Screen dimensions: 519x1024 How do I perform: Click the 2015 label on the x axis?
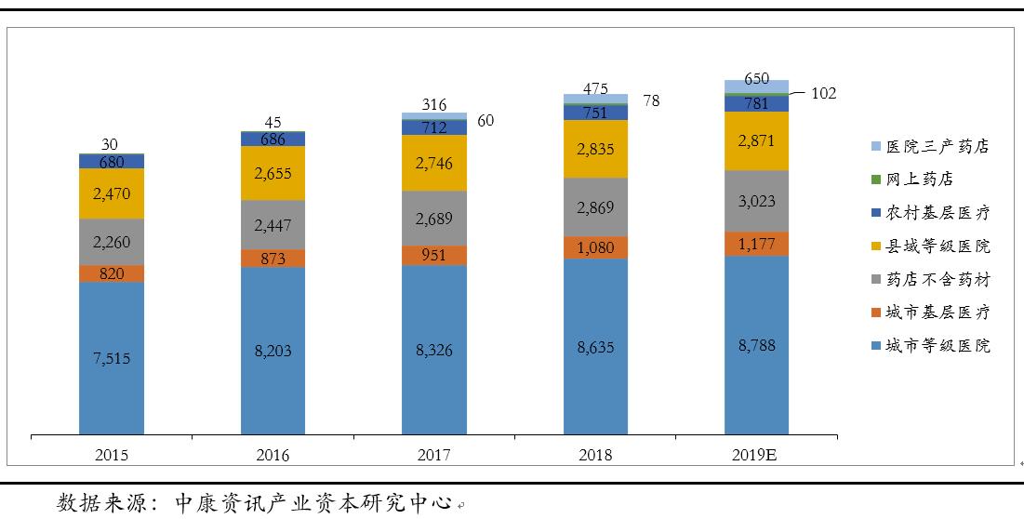pyautogui.click(x=112, y=455)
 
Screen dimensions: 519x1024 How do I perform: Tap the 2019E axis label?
pyautogui.click(x=757, y=455)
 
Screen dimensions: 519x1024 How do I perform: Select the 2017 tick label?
pyautogui.click(x=434, y=455)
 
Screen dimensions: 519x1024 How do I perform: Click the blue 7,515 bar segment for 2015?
pyautogui.click(x=112, y=358)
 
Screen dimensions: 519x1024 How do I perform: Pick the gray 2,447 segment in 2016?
pyautogui.click(x=273, y=224)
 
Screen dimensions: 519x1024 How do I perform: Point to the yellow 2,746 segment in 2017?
pyautogui.click(x=434, y=162)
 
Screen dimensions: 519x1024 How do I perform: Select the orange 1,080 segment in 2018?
pyautogui.click(x=595, y=247)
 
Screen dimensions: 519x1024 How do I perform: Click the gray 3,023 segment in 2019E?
pyautogui.click(x=757, y=201)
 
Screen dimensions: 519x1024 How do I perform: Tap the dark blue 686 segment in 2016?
pyautogui.click(x=273, y=139)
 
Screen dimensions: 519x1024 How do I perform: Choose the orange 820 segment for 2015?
pyautogui.click(x=112, y=273)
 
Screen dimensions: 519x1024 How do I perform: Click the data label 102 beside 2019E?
pyautogui.click(x=823, y=93)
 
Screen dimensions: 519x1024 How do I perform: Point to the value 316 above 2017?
pyautogui.click(x=434, y=103)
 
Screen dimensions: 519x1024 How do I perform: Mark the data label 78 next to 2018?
pyautogui.click(x=651, y=100)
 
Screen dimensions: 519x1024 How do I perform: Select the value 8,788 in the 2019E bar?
pyautogui.click(x=757, y=345)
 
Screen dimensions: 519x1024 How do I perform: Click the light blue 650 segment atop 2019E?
pyautogui.click(x=757, y=86)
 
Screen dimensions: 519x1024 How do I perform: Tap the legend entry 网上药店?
pyautogui.click(x=919, y=180)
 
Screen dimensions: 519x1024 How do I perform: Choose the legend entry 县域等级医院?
pyautogui.click(x=938, y=246)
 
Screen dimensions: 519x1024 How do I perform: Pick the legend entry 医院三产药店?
pyautogui.click(x=938, y=147)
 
